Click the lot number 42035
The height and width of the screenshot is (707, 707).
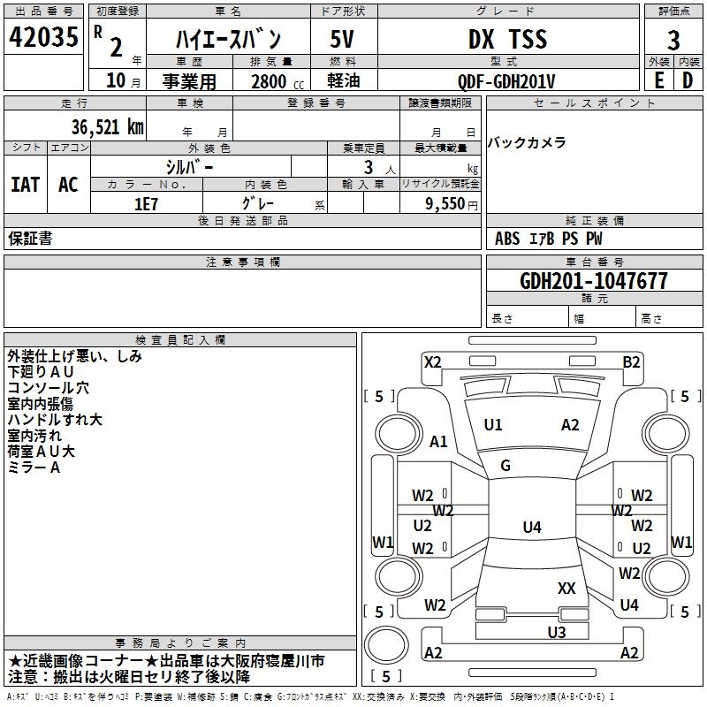click(43, 37)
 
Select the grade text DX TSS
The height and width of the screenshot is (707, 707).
click(507, 39)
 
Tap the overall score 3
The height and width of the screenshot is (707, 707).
click(673, 41)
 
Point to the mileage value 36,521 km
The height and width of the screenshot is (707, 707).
click(107, 127)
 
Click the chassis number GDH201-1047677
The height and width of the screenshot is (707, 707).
click(593, 281)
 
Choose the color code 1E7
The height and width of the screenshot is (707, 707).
click(146, 204)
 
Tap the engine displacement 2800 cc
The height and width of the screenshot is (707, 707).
click(277, 81)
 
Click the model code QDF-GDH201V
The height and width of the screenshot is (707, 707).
click(506, 81)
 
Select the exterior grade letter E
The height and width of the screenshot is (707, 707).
click(658, 80)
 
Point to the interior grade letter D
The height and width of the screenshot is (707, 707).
click(688, 80)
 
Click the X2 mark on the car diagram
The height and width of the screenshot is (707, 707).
click(433, 362)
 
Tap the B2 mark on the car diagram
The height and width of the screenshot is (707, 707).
click(631, 362)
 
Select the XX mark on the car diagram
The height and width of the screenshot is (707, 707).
click(566, 588)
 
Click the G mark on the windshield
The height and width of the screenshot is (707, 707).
click(506, 465)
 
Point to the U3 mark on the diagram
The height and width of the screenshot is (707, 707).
click(557, 632)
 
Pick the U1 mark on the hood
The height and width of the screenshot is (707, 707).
click(493, 424)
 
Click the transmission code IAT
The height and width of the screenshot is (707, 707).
click(26, 185)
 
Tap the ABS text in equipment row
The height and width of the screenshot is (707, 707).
click(507, 239)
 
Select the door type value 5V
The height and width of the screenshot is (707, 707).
click(342, 39)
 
